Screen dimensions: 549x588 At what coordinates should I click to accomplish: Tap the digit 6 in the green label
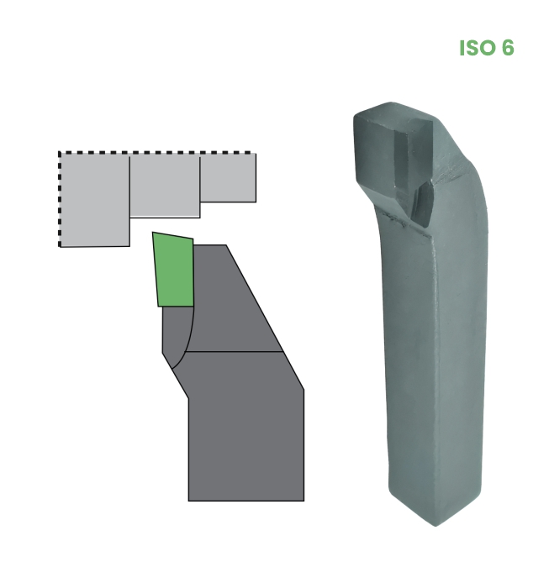click(x=507, y=48)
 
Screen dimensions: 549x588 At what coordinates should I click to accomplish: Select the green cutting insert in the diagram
click(x=174, y=270)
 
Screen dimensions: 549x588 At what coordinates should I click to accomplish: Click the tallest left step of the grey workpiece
click(x=94, y=200)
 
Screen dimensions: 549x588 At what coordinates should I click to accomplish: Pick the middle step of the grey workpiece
click(x=165, y=186)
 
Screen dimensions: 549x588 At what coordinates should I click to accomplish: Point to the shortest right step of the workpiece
click(x=228, y=178)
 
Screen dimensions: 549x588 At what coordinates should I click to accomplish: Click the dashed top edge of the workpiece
click(x=157, y=153)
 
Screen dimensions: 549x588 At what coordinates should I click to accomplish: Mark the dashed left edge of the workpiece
click(x=60, y=200)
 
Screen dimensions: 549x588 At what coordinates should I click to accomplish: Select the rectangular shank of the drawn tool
click(x=246, y=446)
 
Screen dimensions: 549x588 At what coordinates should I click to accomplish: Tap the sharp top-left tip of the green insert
click(x=152, y=232)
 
